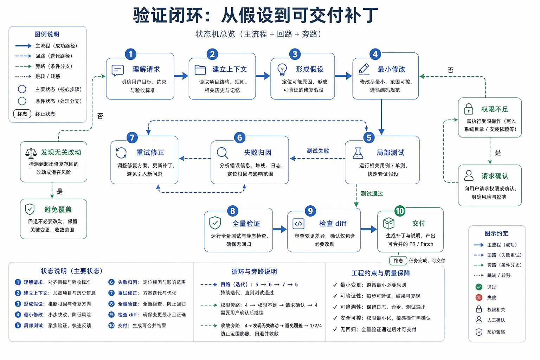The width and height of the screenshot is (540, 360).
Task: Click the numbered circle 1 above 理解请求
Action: [130, 54]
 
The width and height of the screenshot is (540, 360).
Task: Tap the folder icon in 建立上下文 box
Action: [200, 70]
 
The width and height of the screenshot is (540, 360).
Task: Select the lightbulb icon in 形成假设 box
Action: [282, 70]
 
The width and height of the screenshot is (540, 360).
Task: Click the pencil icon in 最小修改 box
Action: [364, 69]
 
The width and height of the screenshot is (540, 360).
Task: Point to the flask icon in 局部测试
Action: [358, 153]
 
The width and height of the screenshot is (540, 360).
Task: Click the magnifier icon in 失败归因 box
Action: [223, 153]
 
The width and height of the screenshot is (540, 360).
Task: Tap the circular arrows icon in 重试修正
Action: [121, 153]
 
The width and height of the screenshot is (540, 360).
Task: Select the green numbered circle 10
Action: [400, 211]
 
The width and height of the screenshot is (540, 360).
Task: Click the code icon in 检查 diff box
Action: [298, 224]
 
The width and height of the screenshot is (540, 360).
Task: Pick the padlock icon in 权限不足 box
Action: [469, 109]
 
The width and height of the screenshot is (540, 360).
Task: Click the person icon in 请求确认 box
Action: [469, 175]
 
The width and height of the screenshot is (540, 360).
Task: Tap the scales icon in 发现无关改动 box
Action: [31, 153]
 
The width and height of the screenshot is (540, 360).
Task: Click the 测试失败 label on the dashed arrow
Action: [318, 151]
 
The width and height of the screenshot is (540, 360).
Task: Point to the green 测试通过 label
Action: [372, 194]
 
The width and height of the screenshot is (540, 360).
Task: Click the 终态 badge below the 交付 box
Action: [398, 261]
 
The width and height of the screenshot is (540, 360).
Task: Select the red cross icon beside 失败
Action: [479, 297]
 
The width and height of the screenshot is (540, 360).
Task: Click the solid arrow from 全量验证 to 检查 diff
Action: [280, 230]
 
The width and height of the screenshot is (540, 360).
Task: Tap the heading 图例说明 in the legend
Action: [47, 34]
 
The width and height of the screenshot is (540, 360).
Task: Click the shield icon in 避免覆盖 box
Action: [30, 209]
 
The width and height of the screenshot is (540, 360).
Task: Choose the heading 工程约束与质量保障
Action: [381, 273]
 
